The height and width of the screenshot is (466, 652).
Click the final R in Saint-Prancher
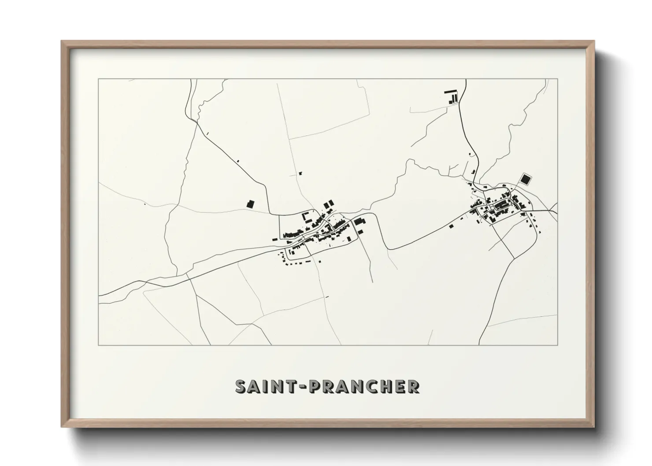coord(413,386)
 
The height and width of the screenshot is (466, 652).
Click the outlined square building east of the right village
coord(525,179)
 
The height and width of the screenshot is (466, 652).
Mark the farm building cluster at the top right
coord(452,96)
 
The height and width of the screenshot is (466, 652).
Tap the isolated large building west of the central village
coord(250,203)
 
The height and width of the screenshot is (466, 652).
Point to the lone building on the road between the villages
coord(451,226)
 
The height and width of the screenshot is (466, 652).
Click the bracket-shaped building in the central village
coord(304,216)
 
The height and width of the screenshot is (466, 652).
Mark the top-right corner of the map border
coord(558,79)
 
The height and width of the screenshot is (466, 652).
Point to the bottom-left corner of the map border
coord(99,345)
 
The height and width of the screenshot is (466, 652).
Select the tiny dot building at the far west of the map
coord(144,204)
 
